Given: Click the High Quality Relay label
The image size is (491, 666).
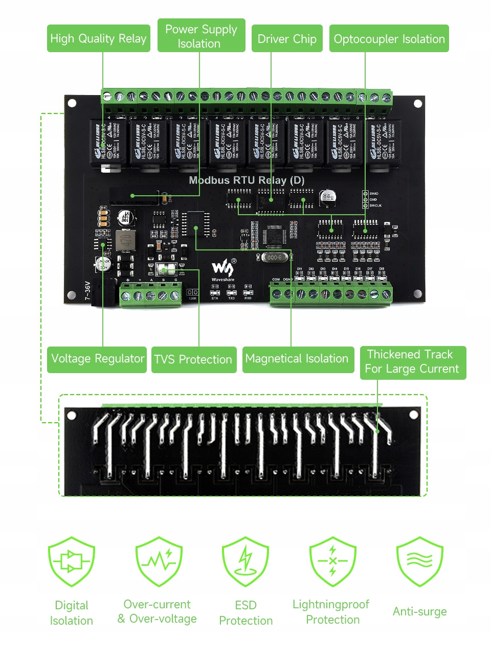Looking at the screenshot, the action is click(98, 38).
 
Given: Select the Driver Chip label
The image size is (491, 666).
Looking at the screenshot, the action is click(287, 39).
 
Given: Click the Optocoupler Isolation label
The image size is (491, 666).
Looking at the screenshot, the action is click(389, 39).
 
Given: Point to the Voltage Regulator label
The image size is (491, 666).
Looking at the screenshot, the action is click(97, 359).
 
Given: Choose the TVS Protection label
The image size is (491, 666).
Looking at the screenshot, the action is click(193, 359).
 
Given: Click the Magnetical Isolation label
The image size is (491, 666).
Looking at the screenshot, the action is click(297, 359).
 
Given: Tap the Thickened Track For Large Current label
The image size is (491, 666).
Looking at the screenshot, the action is click(412, 362).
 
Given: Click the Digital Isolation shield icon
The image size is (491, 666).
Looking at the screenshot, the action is click(72, 561).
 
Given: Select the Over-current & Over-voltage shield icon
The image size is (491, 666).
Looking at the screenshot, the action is click(159, 561).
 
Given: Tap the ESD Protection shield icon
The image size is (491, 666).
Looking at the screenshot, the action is click(245, 561).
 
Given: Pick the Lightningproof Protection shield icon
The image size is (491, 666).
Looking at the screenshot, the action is click(332, 561).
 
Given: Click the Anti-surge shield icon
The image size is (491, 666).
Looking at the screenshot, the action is click(419, 561).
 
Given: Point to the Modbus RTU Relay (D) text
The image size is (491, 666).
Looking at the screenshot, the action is click(247, 180).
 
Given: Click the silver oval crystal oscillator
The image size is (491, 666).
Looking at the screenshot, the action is click(274, 258).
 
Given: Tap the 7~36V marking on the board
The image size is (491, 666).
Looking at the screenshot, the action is click(87, 291).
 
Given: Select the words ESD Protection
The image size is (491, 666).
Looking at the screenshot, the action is click(245, 613).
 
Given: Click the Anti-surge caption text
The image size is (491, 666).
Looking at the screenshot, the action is click(419, 612).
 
